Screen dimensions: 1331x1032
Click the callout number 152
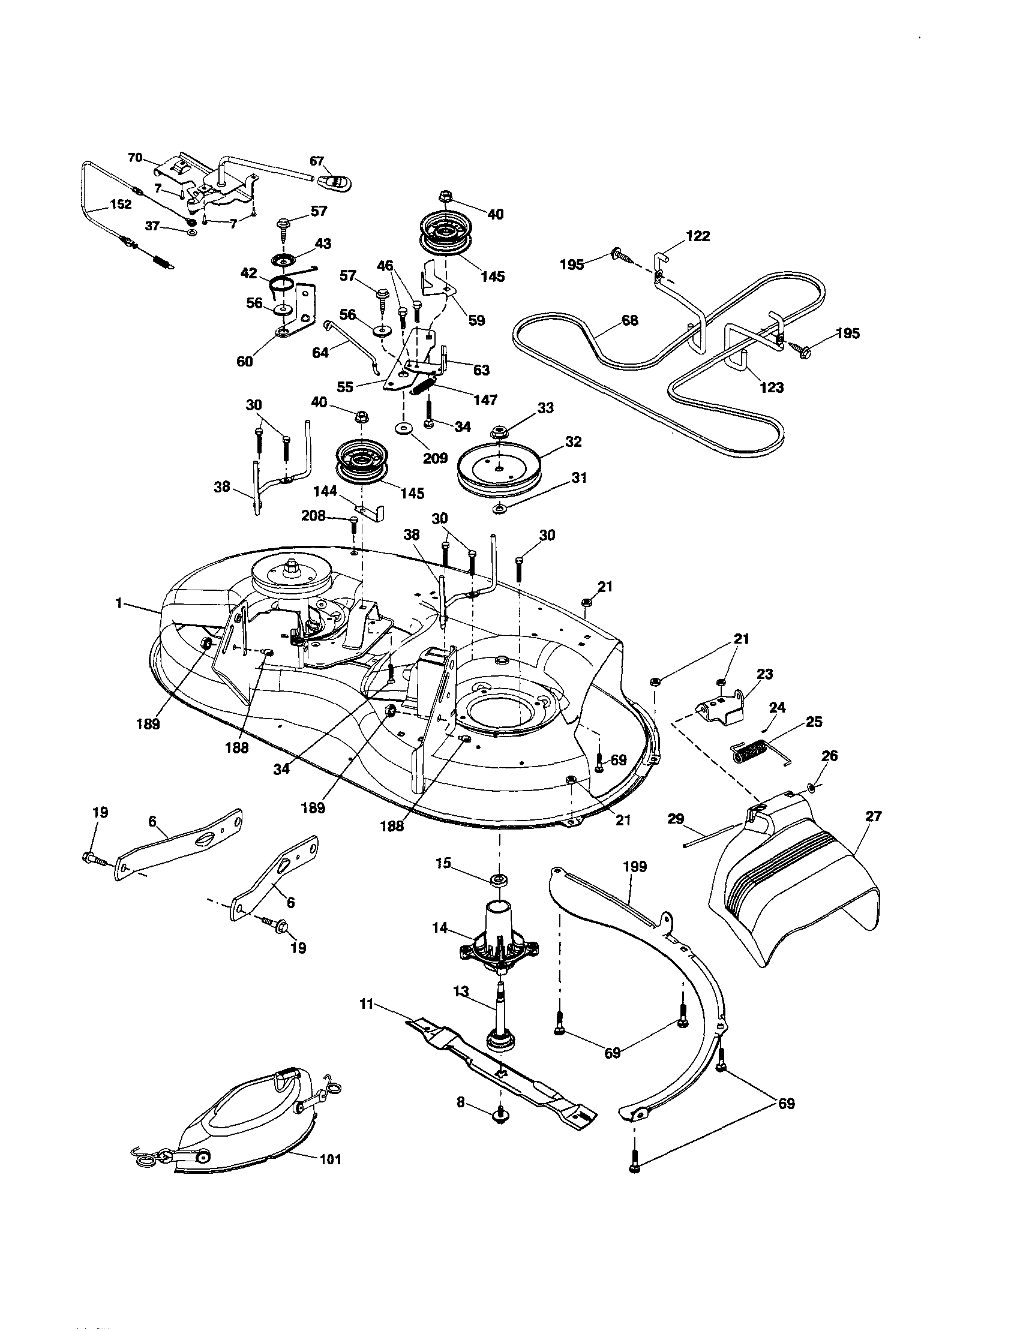(120, 204)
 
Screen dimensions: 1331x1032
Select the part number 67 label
(317, 161)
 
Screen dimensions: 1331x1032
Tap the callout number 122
(697, 236)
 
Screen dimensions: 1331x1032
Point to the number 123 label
(771, 387)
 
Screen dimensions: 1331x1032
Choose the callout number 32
(573, 441)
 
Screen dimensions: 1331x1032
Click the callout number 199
(635, 866)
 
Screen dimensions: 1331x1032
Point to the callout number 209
(435, 458)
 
